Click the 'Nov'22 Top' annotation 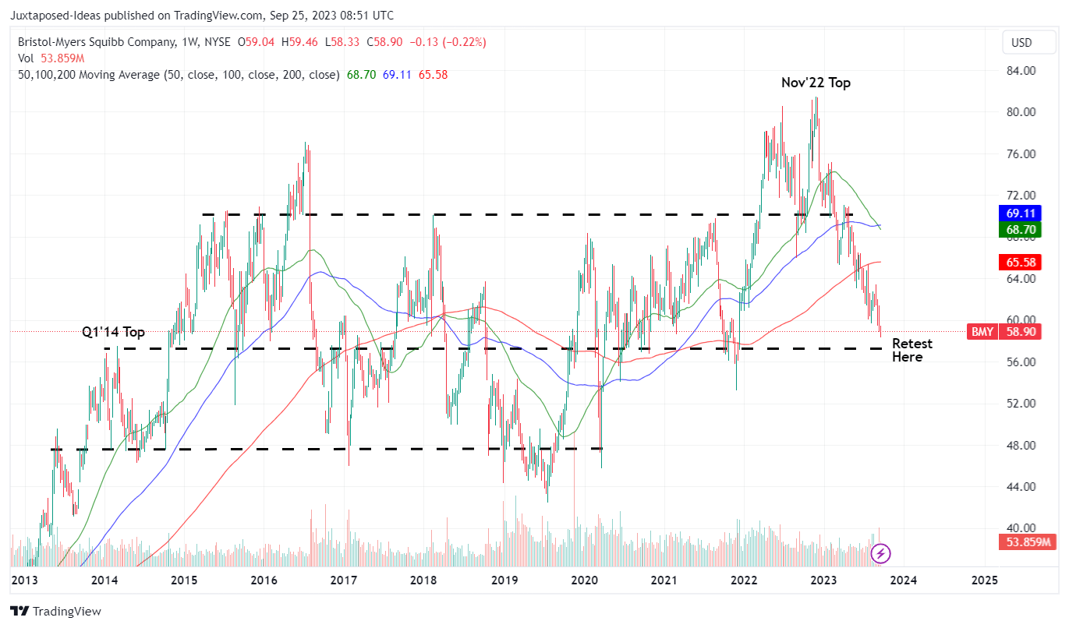point(816,83)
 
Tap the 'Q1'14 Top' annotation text point(114,332)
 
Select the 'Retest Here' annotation point(911,350)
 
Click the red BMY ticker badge point(981,331)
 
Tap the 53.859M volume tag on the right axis point(1025,542)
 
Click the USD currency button point(1021,42)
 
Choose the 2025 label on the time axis point(985,580)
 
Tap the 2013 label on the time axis point(25,580)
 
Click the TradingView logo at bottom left point(55,612)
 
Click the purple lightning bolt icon point(880,554)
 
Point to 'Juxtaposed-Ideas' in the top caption point(56,16)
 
